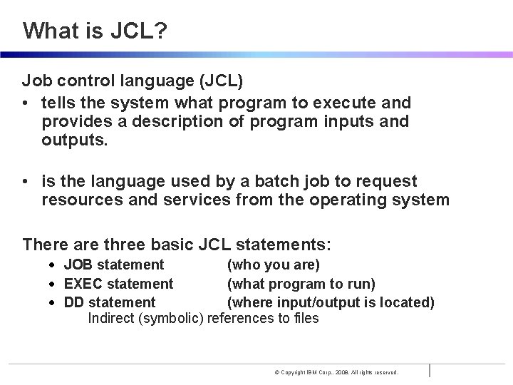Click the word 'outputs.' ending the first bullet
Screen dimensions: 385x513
(x=75, y=140)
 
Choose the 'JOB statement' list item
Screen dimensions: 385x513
(x=114, y=265)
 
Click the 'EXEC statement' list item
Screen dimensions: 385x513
(x=118, y=284)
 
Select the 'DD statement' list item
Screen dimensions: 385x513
(x=110, y=302)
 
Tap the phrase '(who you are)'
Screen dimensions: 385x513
(x=273, y=265)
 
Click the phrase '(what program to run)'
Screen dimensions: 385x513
(x=301, y=284)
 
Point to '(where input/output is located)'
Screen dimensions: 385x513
(x=331, y=302)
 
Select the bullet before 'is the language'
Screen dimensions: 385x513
(x=26, y=182)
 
